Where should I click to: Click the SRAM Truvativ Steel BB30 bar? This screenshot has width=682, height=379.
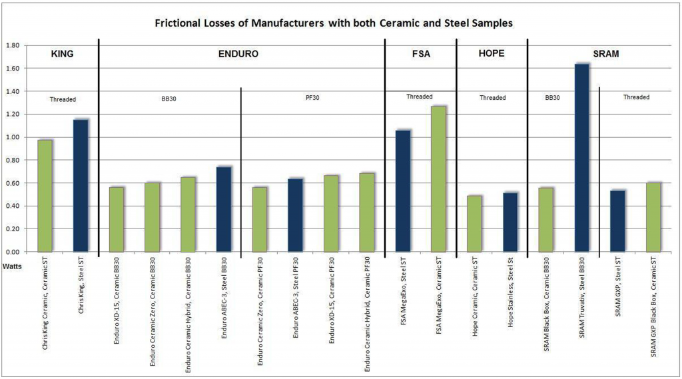(581, 158)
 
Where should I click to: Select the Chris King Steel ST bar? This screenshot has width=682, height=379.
(81, 186)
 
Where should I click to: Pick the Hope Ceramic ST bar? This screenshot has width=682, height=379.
(474, 223)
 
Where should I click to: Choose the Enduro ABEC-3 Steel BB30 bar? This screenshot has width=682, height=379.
(224, 209)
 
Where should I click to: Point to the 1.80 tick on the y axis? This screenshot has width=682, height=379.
(13, 45)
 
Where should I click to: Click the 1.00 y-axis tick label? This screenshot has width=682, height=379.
(13, 137)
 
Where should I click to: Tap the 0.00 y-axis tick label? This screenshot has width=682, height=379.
(13, 252)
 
